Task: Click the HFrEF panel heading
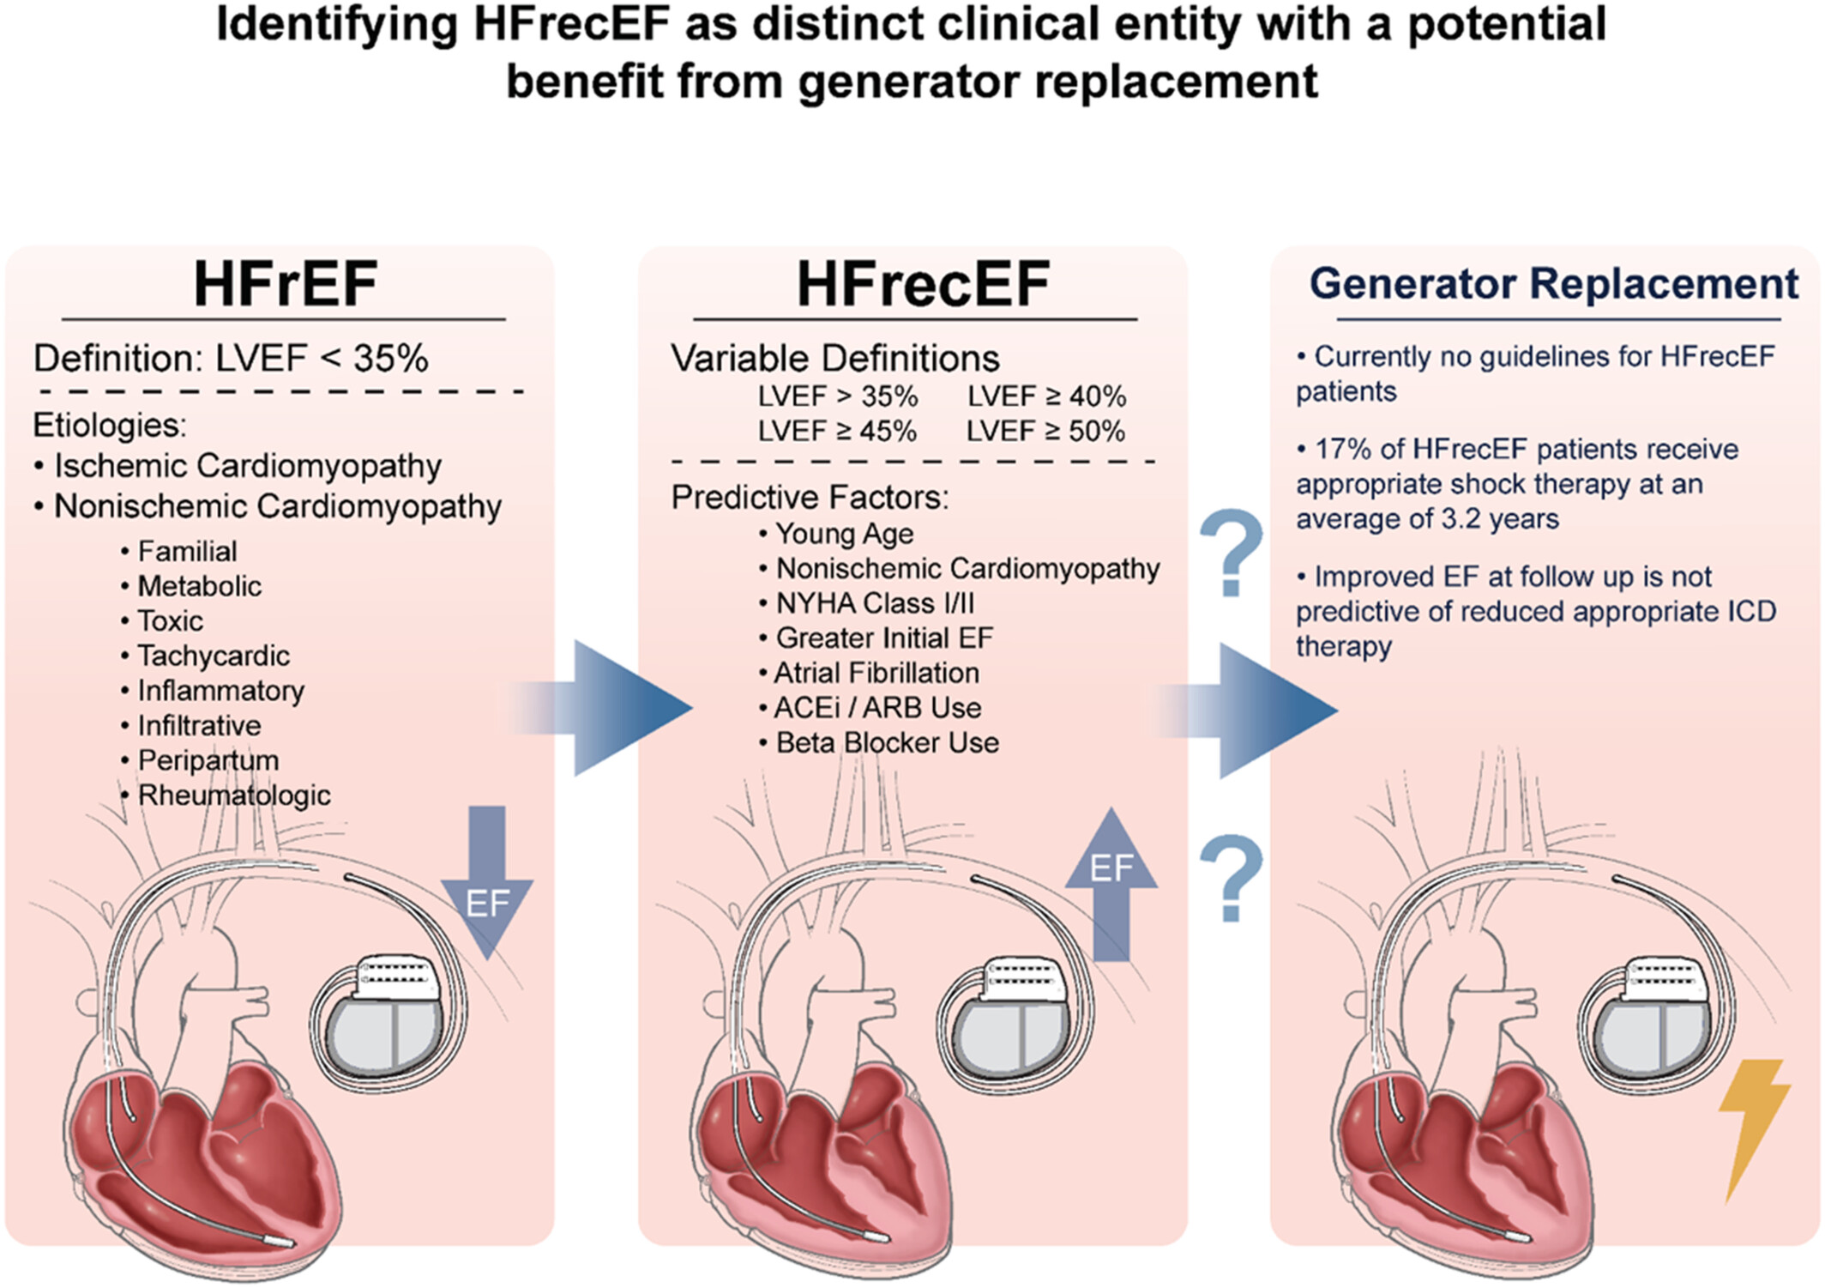coord(285,284)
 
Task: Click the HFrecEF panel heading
coord(923,284)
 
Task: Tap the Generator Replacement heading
coord(1553,284)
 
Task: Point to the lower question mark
coord(1231,877)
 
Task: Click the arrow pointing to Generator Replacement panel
coord(1261,711)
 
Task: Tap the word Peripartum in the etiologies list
coord(208,760)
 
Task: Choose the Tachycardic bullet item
coord(213,656)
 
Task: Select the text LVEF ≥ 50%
coord(1045,431)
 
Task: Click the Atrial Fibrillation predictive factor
coord(876,673)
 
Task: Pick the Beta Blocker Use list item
coord(887,742)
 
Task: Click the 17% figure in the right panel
coord(1341,449)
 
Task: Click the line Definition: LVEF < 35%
coord(230,359)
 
